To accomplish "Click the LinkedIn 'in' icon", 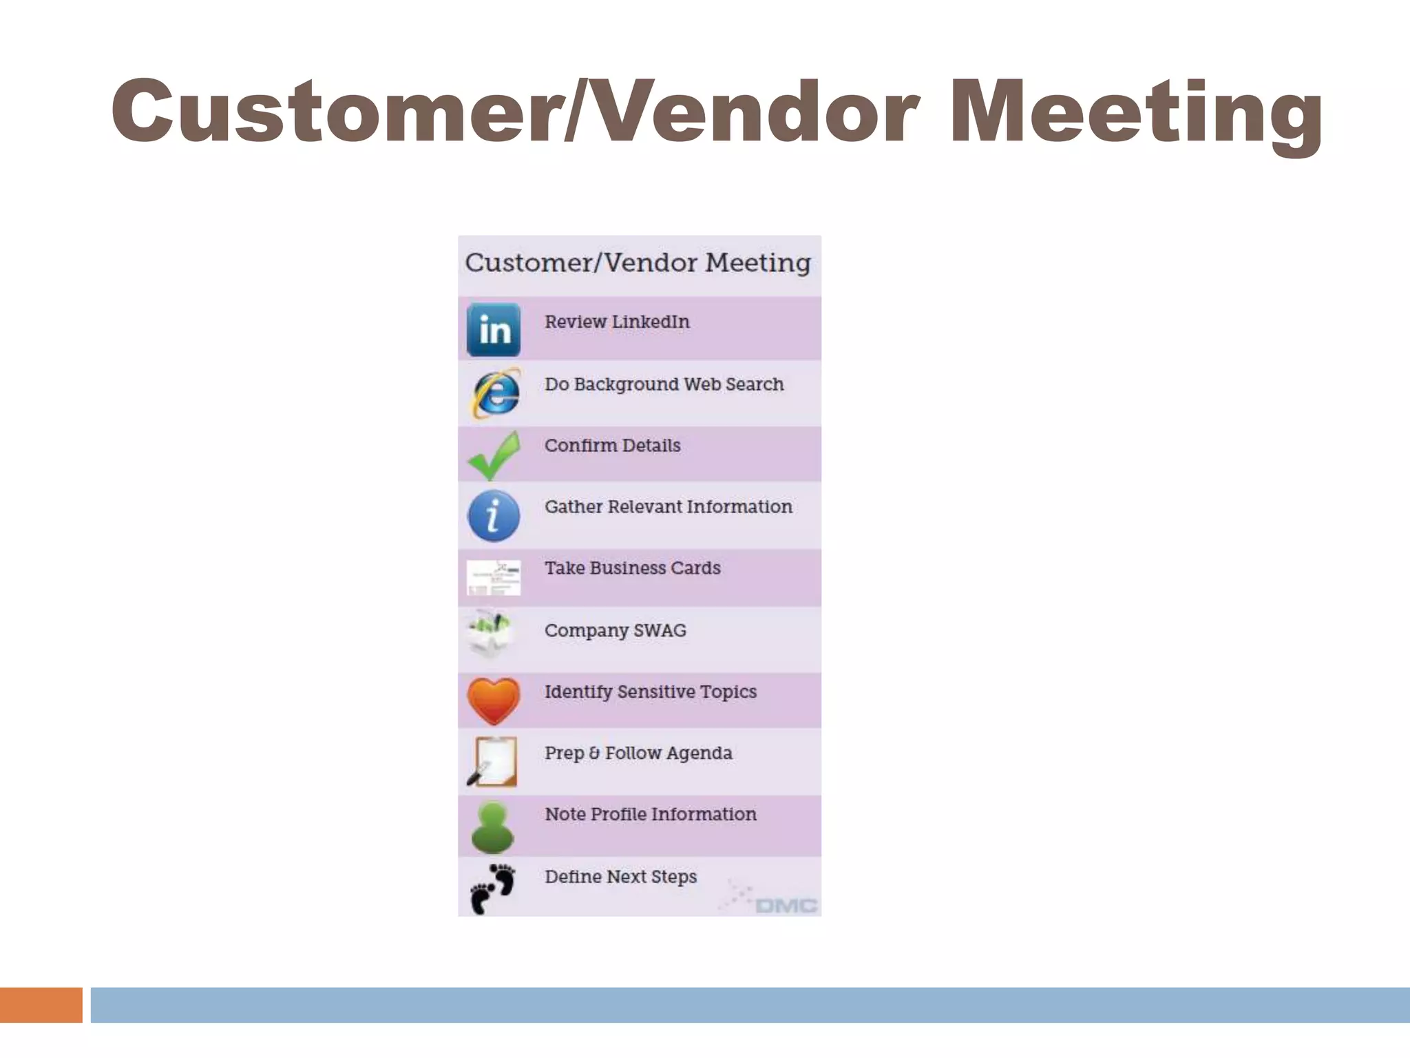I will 494,329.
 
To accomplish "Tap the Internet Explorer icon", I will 495,393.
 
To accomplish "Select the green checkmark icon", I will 494,455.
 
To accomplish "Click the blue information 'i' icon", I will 494,515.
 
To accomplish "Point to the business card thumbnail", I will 494,577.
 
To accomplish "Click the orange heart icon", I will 493,701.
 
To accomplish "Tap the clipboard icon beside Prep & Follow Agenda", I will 493,762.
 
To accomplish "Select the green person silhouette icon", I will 493,827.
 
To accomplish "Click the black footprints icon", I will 493,888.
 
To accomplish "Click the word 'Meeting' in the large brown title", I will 1136,112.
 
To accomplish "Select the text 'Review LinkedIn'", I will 617,322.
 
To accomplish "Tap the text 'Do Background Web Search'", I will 664,384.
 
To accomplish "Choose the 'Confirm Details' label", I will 612,446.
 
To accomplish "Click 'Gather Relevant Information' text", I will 668,507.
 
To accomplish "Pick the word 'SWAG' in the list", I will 660,630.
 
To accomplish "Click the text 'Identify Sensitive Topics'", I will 650,692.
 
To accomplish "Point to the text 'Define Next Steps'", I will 620,877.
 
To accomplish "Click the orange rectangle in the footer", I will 41,1005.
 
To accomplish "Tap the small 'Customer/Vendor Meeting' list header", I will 638,263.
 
